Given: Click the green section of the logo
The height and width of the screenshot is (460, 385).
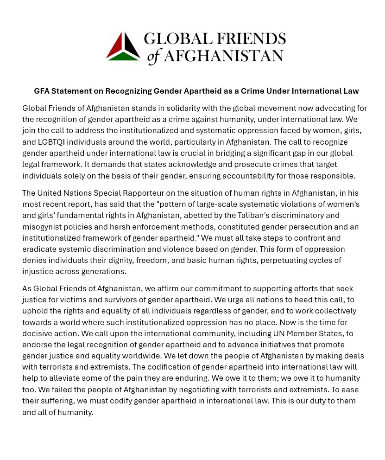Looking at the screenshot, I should pyautogui.click(x=123, y=57).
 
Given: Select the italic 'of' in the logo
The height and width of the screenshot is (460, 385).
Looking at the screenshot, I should pyautogui.click(x=154, y=57).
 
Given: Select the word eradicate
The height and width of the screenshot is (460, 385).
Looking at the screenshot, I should pyautogui.click(x=39, y=249).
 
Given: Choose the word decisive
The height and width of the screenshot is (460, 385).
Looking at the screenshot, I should pyautogui.click(x=38, y=333).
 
